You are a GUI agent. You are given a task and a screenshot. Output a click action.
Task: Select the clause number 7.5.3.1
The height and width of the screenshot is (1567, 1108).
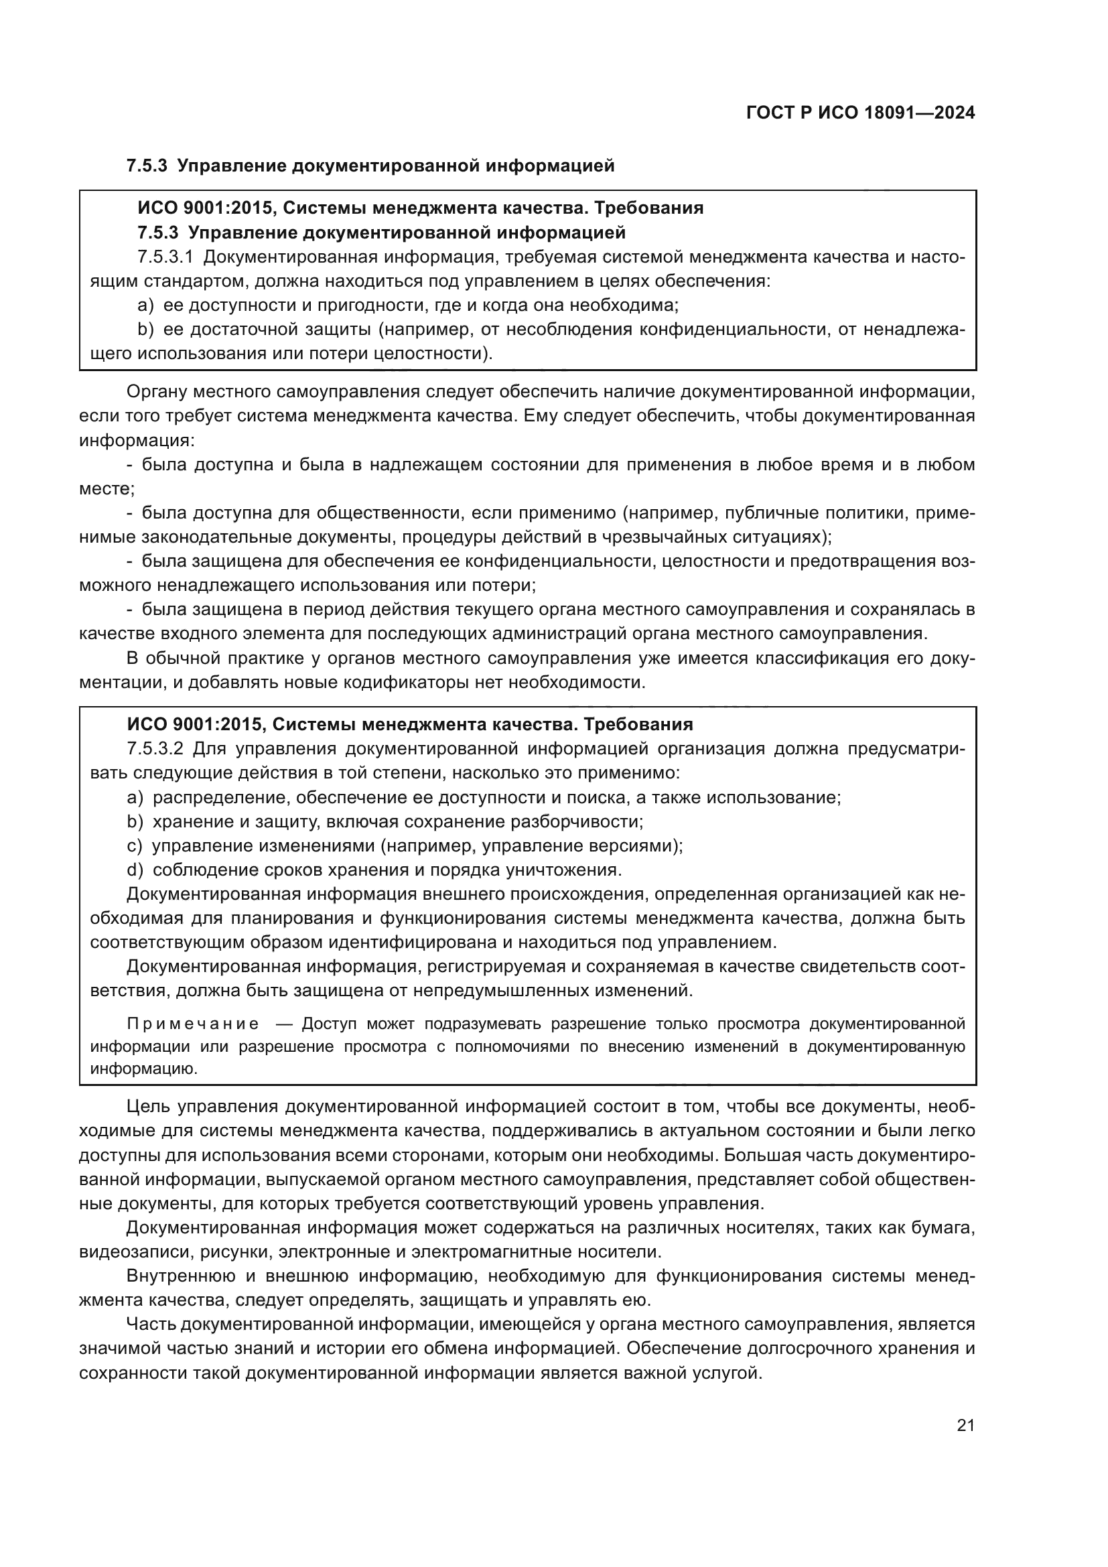pos(165,257)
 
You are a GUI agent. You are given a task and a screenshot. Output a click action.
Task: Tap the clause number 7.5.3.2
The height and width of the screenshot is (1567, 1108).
pos(155,748)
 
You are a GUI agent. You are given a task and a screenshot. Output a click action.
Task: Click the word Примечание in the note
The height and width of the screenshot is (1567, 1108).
pos(193,1043)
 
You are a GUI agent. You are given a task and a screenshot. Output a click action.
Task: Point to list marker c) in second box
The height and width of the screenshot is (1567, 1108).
pos(134,845)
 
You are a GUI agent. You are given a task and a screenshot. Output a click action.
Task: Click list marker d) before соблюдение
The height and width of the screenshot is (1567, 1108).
pos(135,870)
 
